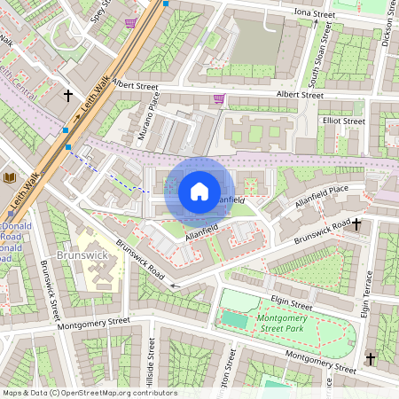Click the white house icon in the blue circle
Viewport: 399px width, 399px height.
click(199, 191)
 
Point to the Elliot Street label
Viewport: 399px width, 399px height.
click(343, 121)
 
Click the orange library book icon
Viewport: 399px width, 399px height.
click(11, 178)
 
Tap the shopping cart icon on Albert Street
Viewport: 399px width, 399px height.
click(219, 98)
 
